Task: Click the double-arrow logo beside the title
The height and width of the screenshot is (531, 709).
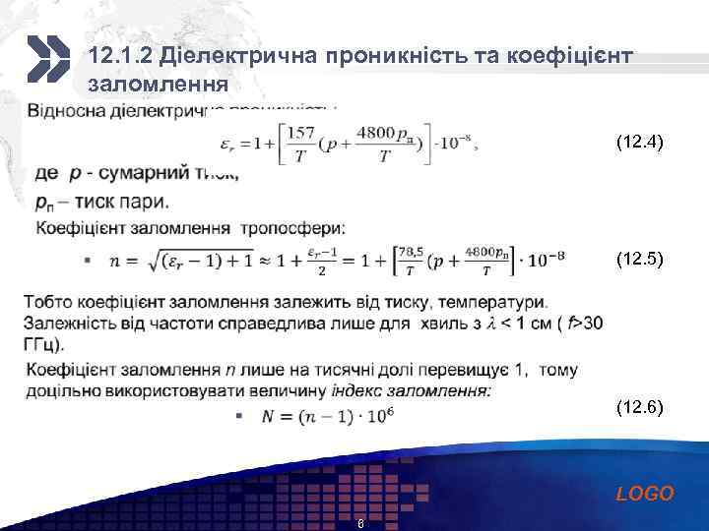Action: click(45, 58)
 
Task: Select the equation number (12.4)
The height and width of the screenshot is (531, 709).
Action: click(639, 143)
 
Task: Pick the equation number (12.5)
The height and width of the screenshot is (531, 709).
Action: click(639, 260)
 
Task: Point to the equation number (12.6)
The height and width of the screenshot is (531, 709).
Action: click(639, 405)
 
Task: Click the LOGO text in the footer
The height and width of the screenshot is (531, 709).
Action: click(645, 494)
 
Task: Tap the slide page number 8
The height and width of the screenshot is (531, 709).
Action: click(361, 523)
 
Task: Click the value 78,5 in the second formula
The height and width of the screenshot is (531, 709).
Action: click(418, 253)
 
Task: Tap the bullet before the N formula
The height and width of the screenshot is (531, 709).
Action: click(239, 416)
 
